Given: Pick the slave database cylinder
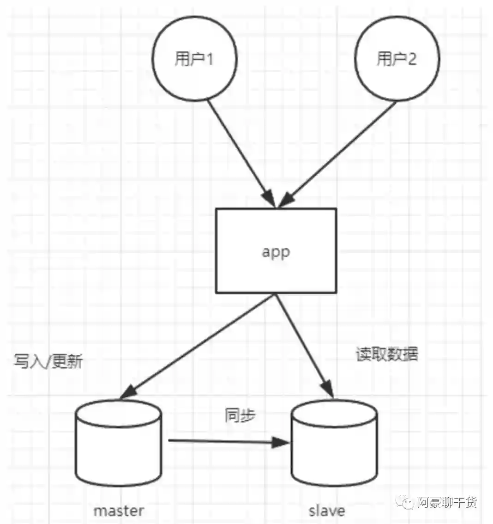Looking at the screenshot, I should (334, 457).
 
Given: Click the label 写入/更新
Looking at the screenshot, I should (48, 361).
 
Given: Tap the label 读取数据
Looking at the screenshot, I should (387, 354).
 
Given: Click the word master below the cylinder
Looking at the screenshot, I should (119, 511).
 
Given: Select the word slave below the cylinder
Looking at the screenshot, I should (327, 511).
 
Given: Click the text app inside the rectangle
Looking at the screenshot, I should (276, 252).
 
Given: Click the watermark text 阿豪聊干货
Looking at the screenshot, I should (447, 502).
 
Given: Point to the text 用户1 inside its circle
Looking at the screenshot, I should (194, 59).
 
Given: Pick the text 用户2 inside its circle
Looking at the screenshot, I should (397, 59).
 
